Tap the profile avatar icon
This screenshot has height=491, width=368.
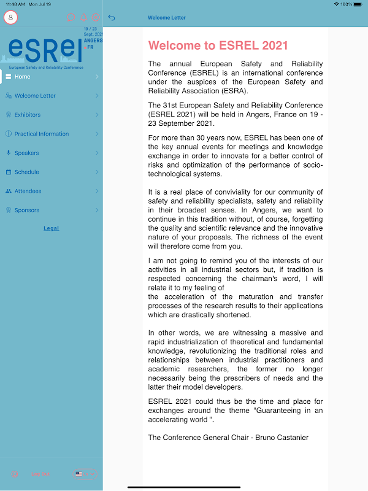[x=10, y=17]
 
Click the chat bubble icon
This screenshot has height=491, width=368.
[x=71, y=18]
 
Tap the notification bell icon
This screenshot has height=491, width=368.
[x=83, y=18]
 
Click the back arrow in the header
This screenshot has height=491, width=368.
[x=112, y=18]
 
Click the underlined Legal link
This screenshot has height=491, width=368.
[x=52, y=228]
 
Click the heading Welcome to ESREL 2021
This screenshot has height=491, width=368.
[x=218, y=45]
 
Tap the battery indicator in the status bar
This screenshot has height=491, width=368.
[x=361, y=4]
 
